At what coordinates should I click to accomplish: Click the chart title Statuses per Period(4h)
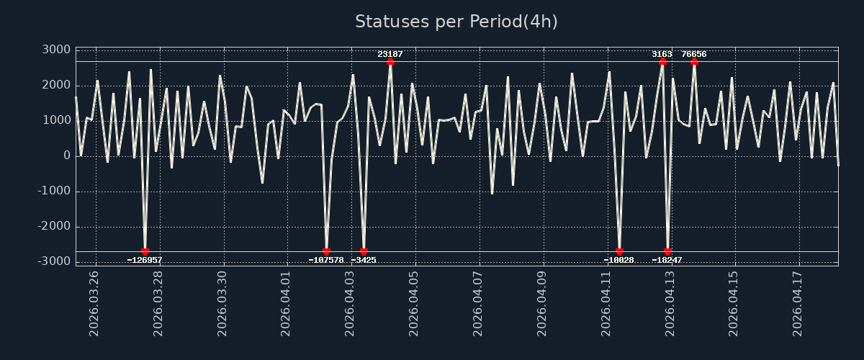pyautogui.click(x=456, y=22)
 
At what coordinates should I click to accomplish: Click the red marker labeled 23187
pyautogui.click(x=390, y=61)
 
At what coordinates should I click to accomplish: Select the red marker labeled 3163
pyautogui.click(x=662, y=61)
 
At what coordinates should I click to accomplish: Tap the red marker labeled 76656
pyautogui.click(x=694, y=61)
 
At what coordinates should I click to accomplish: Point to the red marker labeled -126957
pyautogui.click(x=145, y=252)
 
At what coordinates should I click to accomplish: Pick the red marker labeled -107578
pyautogui.click(x=326, y=252)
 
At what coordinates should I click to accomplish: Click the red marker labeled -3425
pyautogui.click(x=364, y=252)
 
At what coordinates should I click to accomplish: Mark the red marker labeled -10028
pyautogui.click(x=619, y=252)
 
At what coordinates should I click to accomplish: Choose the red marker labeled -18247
pyautogui.click(x=667, y=252)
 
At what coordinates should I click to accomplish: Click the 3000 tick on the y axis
pyautogui.click(x=55, y=50)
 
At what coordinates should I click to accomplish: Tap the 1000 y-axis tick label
pyautogui.click(x=55, y=120)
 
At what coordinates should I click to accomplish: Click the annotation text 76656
pyautogui.click(x=694, y=54)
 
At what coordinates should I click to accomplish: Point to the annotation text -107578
pyautogui.click(x=326, y=260)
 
